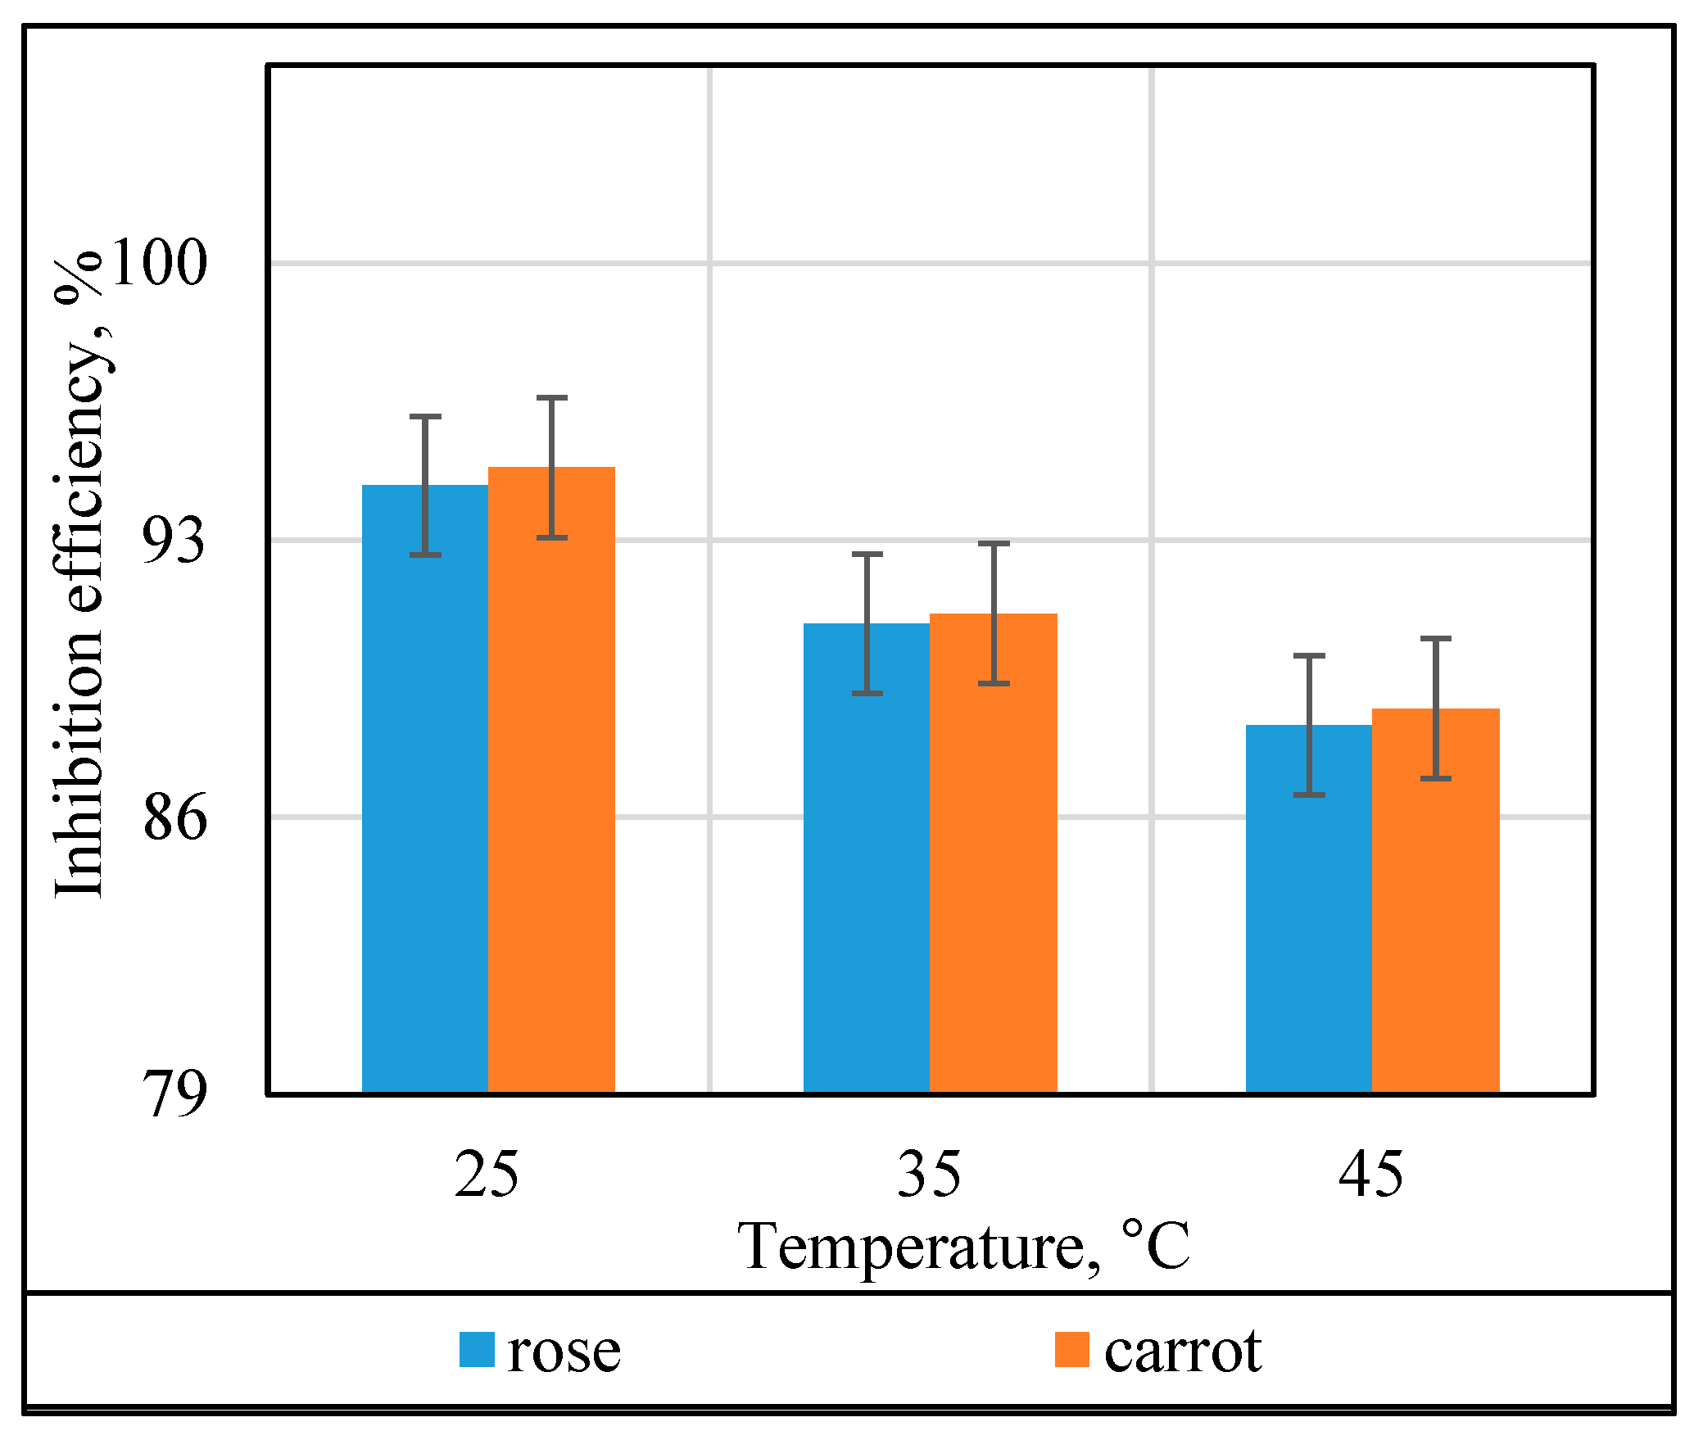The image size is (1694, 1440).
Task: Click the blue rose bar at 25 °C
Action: [425, 789]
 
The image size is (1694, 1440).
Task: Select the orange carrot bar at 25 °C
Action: [552, 780]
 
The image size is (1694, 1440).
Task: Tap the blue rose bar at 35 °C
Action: [867, 858]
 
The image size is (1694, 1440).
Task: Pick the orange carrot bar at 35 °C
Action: [994, 853]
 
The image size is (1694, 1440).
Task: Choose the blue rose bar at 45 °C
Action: [1309, 908]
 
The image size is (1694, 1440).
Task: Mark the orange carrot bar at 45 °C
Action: [1436, 900]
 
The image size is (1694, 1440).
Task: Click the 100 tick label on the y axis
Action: [158, 263]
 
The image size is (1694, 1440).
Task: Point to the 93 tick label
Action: [174, 540]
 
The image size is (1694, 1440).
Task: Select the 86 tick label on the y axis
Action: [174, 817]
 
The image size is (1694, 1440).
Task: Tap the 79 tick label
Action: [174, 1094]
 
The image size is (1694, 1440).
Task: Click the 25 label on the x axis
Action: [487, 1174]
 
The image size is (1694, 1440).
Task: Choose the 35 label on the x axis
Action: [930, 1174]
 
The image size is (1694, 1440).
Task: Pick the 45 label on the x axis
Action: [1371, 1174]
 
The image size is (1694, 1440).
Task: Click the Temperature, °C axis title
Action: [964, 1247]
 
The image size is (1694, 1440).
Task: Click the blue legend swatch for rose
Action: [477, 1350]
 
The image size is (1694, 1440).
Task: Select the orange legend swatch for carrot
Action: [1072, 1350]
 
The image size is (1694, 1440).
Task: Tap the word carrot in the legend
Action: [1183, 1352]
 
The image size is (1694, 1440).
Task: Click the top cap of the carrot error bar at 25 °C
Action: [552, 398]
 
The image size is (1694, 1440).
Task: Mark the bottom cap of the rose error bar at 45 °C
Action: [1309, 795]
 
